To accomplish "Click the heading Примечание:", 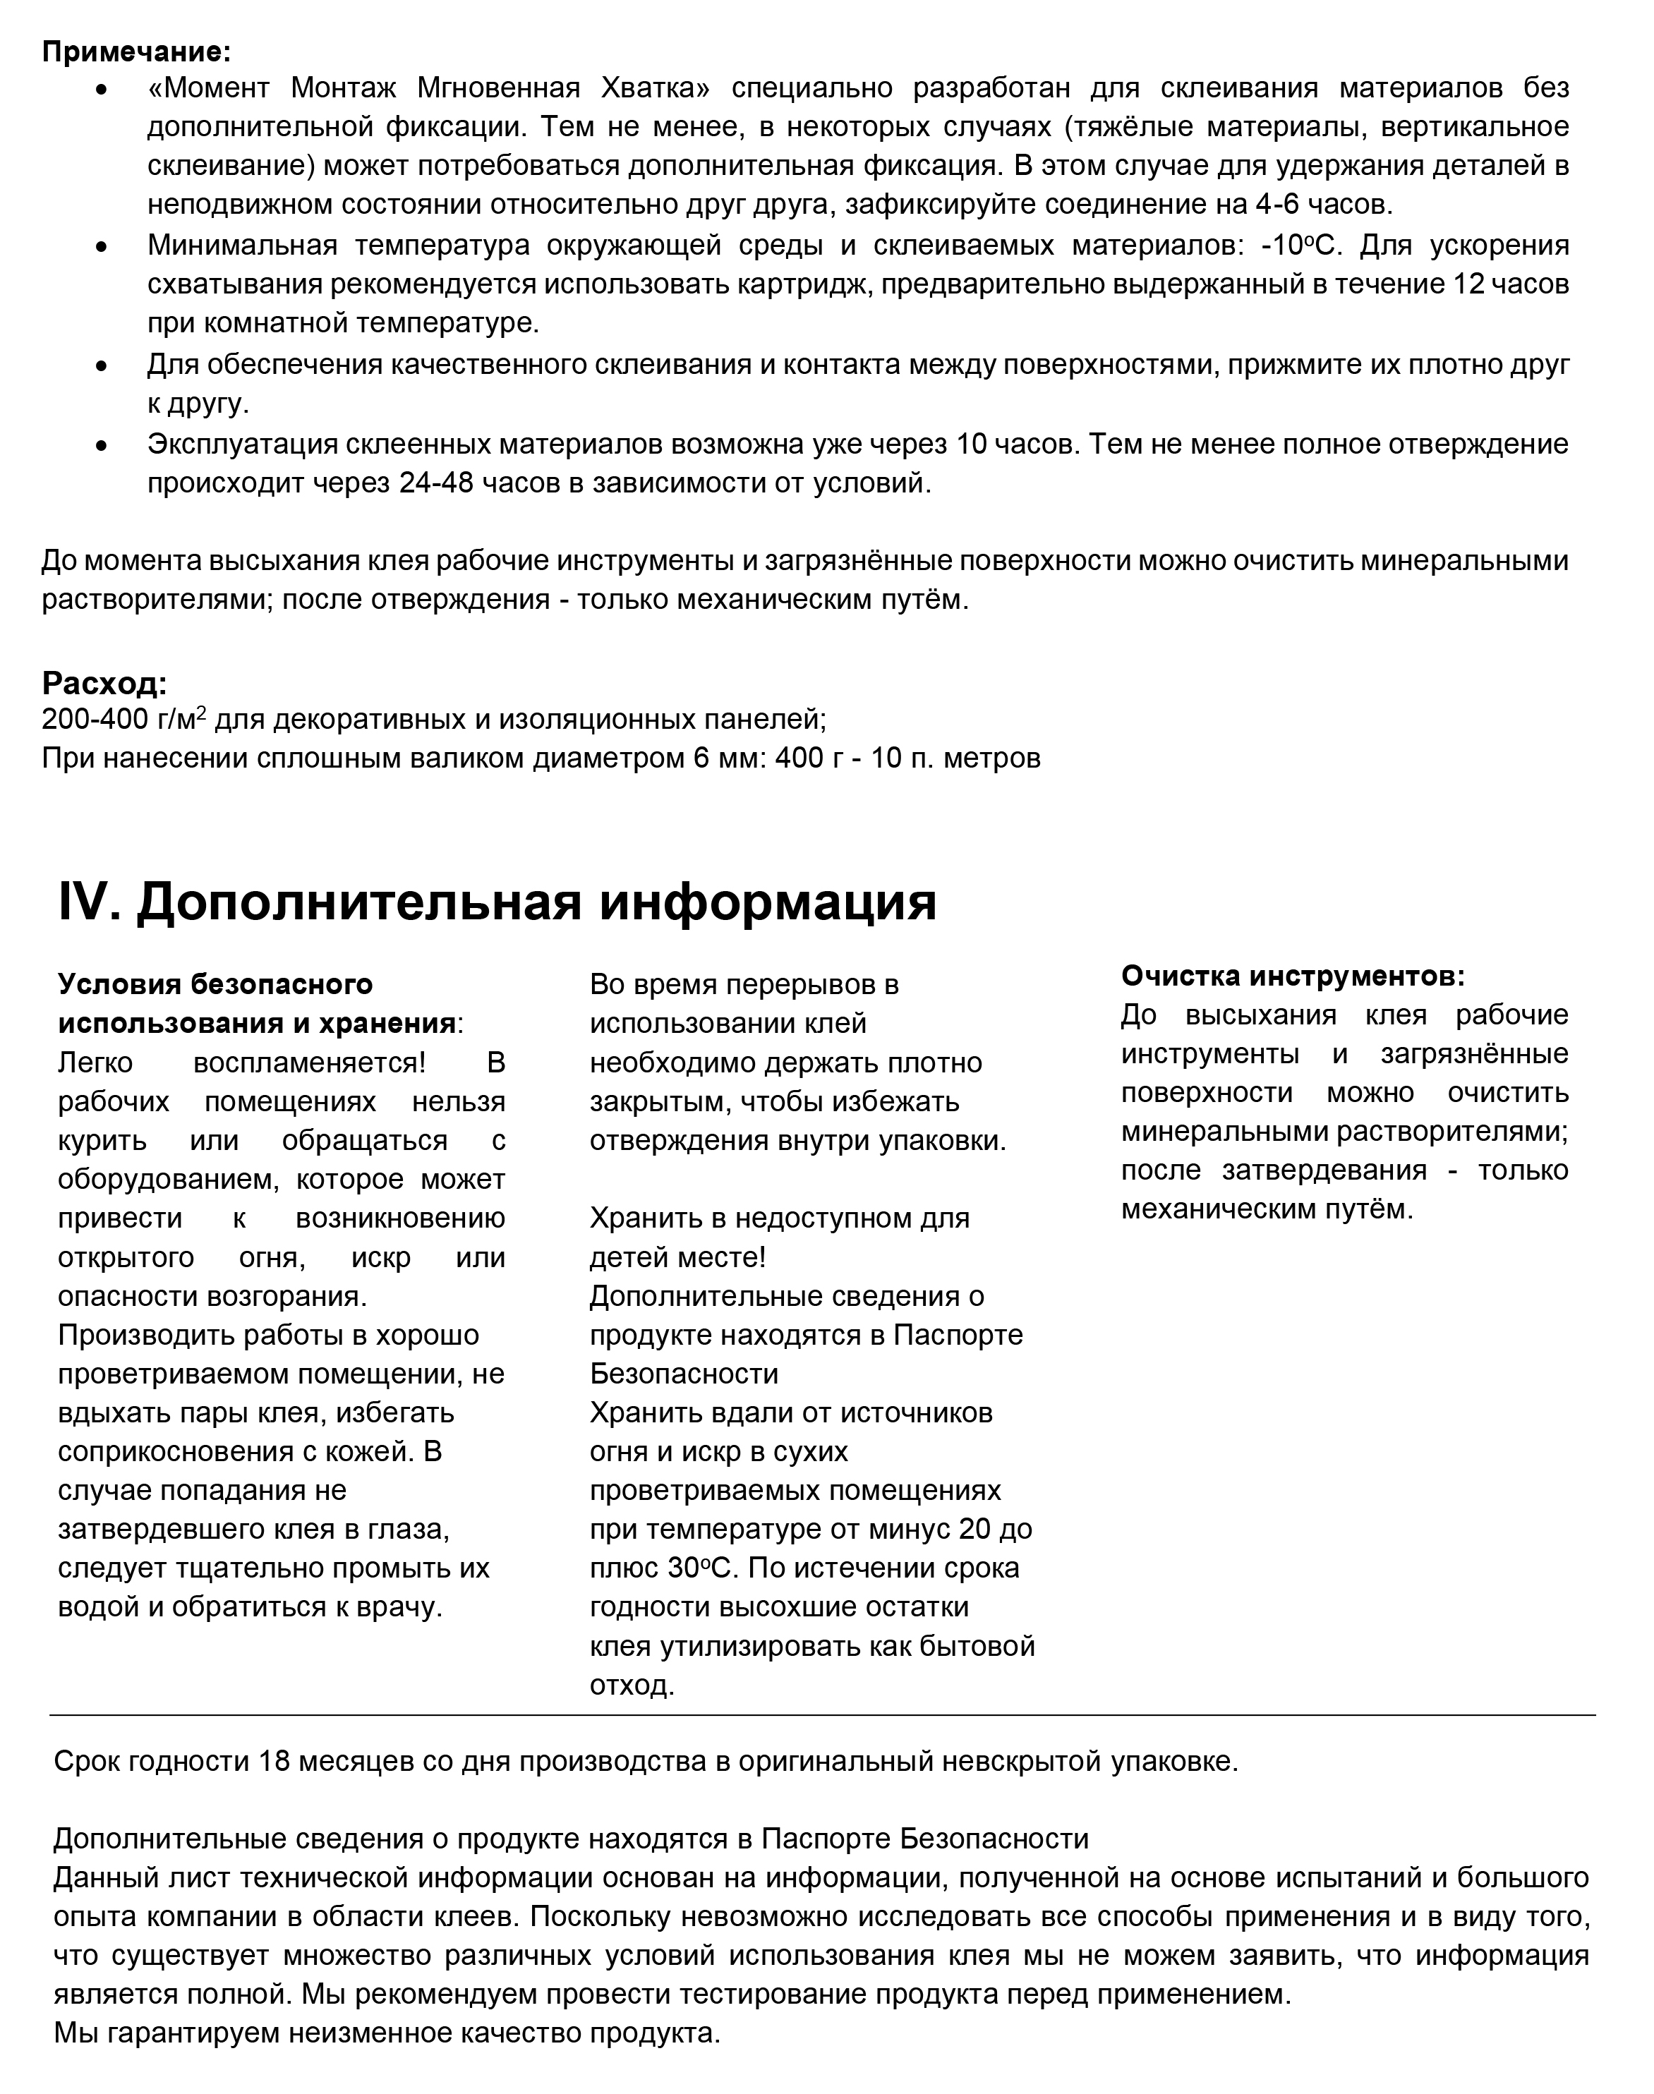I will tap(135, 50).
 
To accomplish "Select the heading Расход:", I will tap(104, 684).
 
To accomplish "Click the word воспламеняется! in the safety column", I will tap(310, 1063).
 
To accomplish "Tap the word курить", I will tap(102, 1140).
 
